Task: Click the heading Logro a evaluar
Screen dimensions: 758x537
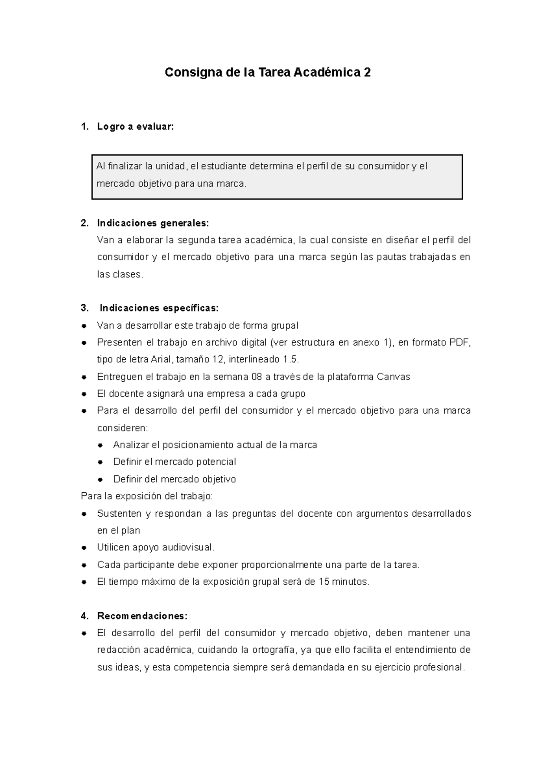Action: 135,127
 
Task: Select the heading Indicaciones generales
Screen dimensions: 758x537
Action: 153,223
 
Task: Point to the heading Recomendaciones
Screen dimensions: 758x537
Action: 142,616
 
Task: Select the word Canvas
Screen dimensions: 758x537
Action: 393,377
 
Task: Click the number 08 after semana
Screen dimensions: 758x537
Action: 256,377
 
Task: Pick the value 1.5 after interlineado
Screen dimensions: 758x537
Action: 290,360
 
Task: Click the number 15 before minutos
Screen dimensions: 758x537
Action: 324,582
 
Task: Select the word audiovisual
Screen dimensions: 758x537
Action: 188,547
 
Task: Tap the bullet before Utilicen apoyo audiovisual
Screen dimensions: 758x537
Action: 84,548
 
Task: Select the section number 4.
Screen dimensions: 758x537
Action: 84,616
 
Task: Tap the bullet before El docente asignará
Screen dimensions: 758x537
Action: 84,394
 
